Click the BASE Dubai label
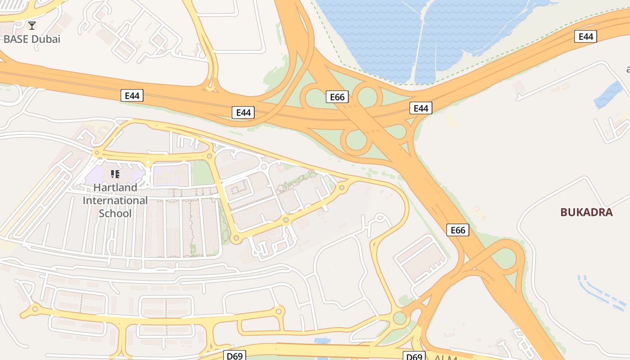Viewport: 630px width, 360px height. (x=31, y=39)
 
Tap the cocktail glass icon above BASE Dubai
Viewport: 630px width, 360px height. (x=31, y=25)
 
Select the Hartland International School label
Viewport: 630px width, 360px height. (x=115, y=200)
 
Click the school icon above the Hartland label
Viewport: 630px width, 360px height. (x=115, y=174)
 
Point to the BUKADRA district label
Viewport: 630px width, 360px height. (x=586, y=212)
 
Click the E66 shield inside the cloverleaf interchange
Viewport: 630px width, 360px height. (x=337, y=97)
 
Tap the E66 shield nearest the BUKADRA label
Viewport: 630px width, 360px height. (x=458, y=230)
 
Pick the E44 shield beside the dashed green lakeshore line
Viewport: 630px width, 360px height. (x=585, y=36)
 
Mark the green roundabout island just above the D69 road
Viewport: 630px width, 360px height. (x=400, y=318)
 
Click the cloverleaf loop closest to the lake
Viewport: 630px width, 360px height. (x=367, y=96)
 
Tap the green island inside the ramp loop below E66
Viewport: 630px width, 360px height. (x=505, y=258)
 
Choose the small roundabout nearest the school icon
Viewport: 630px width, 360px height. (x=96, y=153)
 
